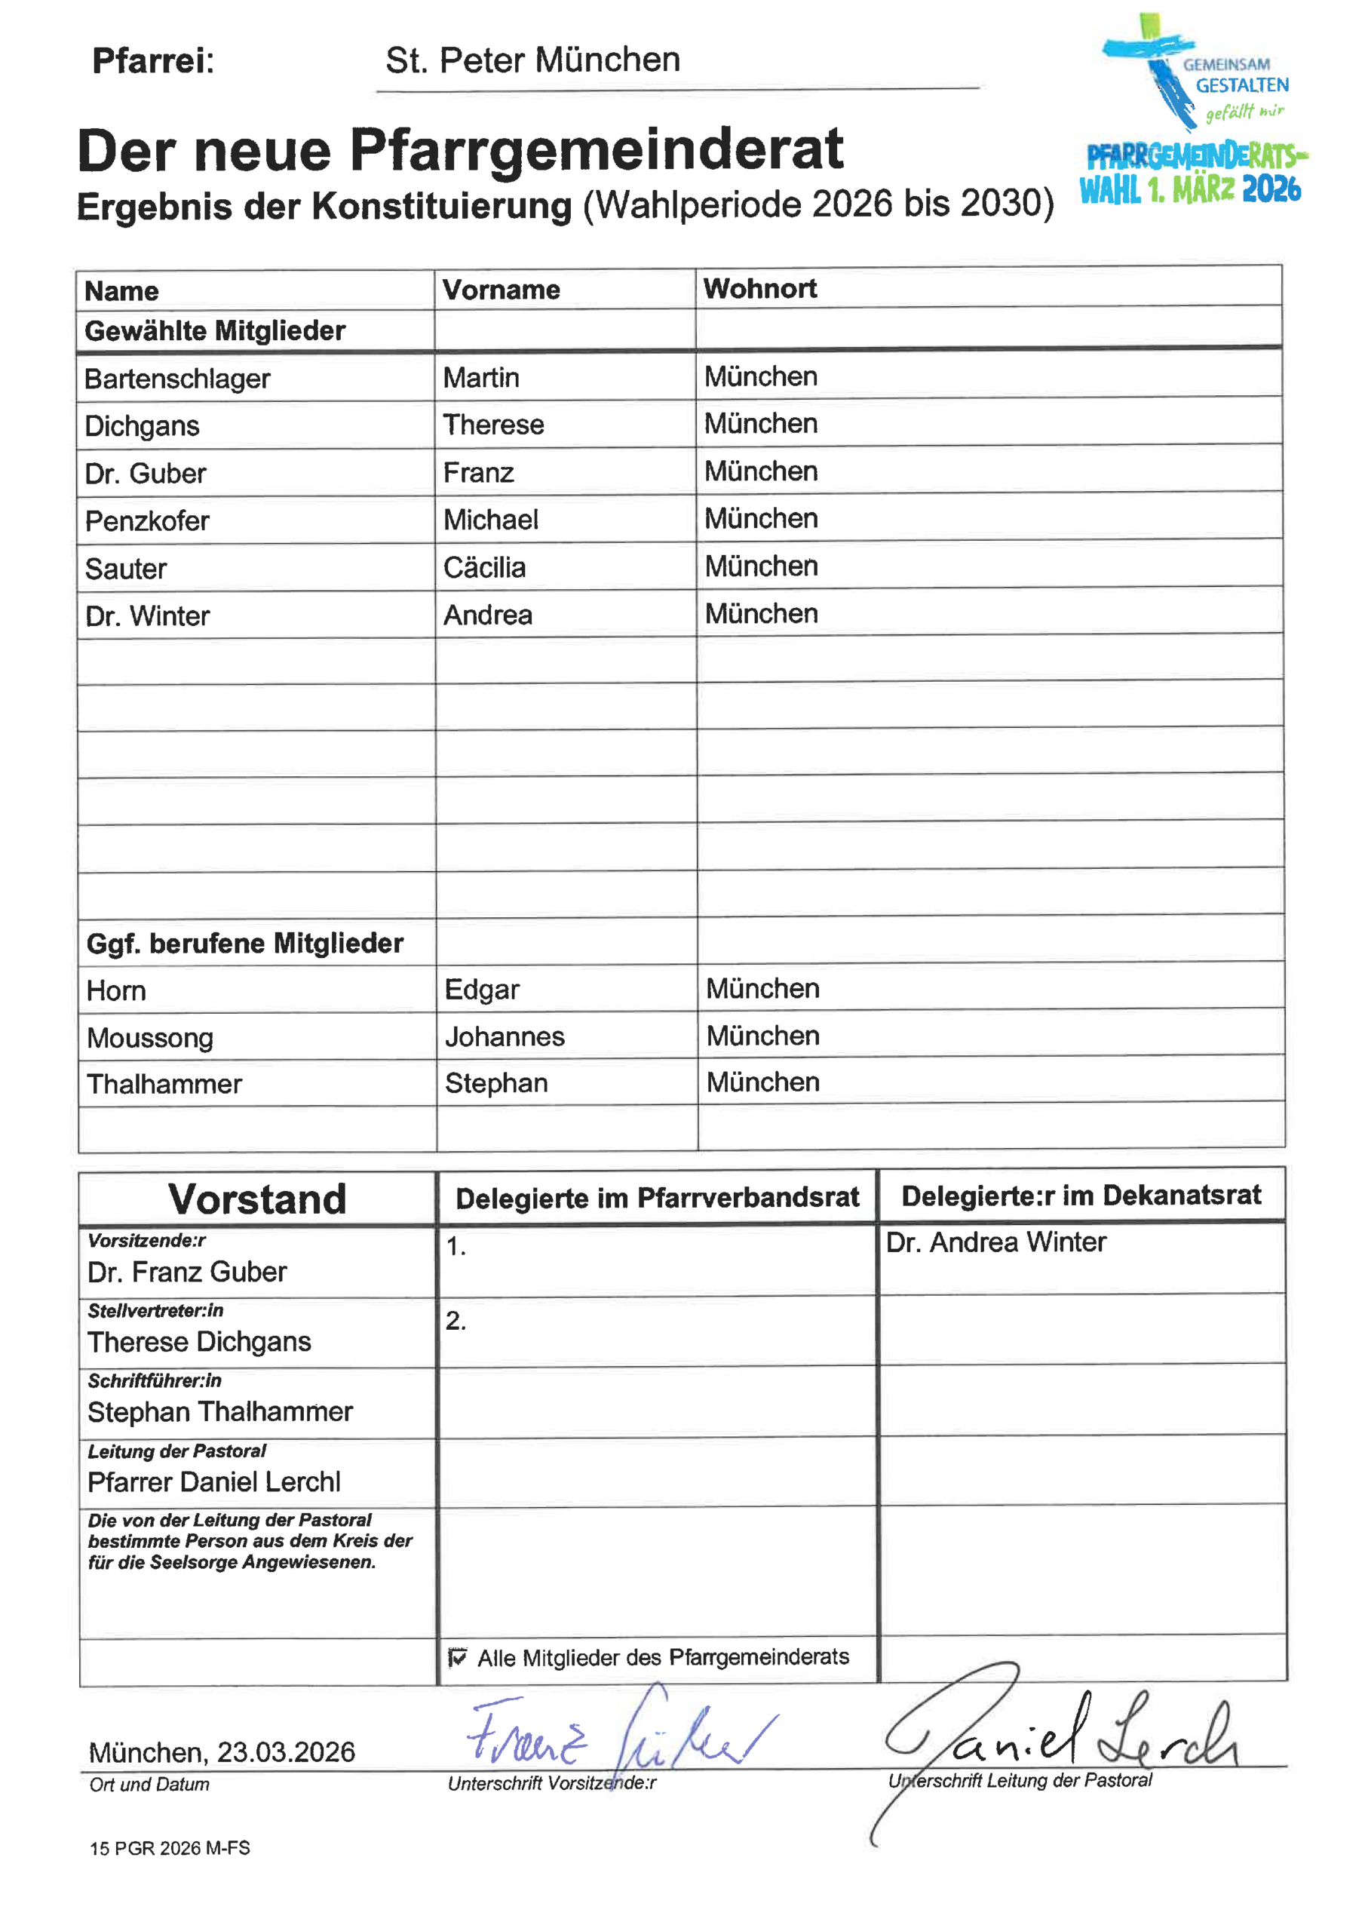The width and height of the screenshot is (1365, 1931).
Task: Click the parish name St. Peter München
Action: pyautogui.click(x=532, y=60)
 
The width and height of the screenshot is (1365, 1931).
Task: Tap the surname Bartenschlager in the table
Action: pyautogui.click(x=177, y=379)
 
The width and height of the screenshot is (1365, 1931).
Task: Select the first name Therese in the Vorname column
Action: pyautogui.click(x=493, y=425)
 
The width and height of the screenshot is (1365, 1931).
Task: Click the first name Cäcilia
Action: pyautogui.click(x=484, y=568)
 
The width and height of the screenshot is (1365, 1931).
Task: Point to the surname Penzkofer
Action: pyautogui.click(x=147, y=521)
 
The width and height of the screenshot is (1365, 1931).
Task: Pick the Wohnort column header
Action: pyautogui.click(x=759, y=288)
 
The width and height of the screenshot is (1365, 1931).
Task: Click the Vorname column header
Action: pyautogui.click(x=502, y=290)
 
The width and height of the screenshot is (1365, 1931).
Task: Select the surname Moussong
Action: pyautogui.click(x=150, y=1038)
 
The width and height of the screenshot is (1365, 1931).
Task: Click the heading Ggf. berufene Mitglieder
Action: pyautogui.click(x=245, y=944)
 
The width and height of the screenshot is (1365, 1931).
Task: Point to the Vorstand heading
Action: pyautogui.click(x=257, y=1199)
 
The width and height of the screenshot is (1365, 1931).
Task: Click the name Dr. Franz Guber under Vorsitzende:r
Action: pyautogui.click(x=187, y=1272)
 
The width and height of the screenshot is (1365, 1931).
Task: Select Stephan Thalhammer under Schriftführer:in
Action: pyautogui.click(x=220, y=1412)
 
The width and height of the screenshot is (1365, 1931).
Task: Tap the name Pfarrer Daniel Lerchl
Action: pyautogui.click(x=213, y=1482)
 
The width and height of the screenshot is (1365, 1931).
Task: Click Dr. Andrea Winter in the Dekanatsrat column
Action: pyautogui.click(x=995, y=1242)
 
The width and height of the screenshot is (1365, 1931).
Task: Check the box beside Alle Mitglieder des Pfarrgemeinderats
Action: pyautogui.click(x=457, y=1658)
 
